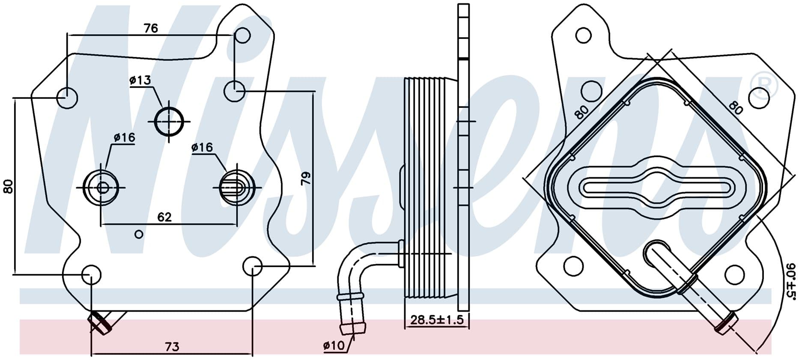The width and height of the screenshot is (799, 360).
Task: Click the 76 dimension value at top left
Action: coord(151,28)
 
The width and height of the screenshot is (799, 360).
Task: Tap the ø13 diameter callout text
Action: coord(140,80)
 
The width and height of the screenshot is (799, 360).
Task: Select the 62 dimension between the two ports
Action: coord(164,217)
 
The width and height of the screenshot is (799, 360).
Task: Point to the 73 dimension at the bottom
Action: coord(172,347)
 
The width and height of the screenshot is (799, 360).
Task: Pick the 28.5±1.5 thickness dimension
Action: coord(437,320)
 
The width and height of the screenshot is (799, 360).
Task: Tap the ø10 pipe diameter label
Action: coord(334,346)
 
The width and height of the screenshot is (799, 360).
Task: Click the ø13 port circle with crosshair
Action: coord(169,122)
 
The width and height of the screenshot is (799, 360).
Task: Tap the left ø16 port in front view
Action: coord(101,187)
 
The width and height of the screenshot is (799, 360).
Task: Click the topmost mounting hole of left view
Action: coord(243,35)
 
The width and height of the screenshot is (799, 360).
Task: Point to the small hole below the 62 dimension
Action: coord(139,234)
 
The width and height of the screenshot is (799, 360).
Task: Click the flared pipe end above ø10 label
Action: coord(353,328)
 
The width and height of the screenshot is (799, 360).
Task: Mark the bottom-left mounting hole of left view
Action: coord(91,274)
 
